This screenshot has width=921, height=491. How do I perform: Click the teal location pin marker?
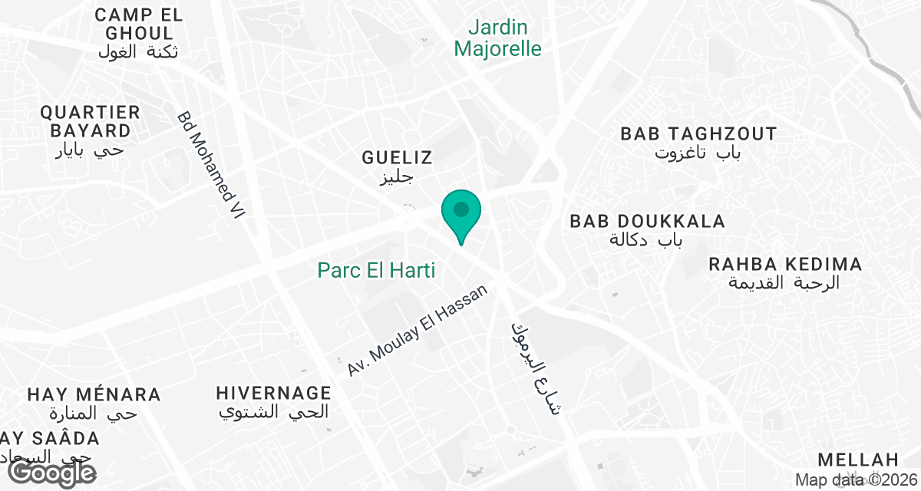(x=461, y=212)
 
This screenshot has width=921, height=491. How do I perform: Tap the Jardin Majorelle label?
(x=498, y=38)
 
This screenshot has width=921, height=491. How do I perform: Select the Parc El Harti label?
(x=376, y=270)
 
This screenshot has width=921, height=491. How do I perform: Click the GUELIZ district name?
(x=398, y=158)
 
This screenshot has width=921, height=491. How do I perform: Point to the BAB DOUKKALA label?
(x=647, y=222)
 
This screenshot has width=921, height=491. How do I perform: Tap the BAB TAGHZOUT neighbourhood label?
(x=698, y=134)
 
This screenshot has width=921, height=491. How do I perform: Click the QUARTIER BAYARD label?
(x=91, y=121)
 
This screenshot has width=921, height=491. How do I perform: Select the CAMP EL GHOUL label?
(x=139, y=24)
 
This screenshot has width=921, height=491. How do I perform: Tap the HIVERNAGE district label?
(x=273, y=393)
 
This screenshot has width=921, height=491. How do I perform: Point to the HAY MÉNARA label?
(x=94, y=395)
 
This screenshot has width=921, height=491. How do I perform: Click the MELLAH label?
(x=857, y=460)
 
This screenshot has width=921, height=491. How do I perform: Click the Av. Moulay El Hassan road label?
(x=418, y=331)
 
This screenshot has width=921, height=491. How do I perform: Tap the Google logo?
(x=52, y=472)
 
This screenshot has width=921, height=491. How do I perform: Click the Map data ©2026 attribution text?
(x=856, y=480)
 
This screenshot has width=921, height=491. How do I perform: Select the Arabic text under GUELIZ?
(x=398, y=178)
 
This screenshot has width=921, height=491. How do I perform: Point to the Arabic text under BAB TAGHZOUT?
(x=698, y=153)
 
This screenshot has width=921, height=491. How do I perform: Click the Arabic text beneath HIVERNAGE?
(x=274, y=412)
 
